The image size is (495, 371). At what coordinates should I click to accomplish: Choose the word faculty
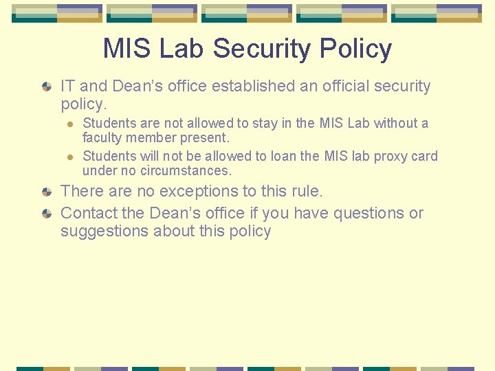102,137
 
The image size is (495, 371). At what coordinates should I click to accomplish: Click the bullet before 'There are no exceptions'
46,192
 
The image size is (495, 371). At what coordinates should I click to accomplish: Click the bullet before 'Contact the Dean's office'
46,214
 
